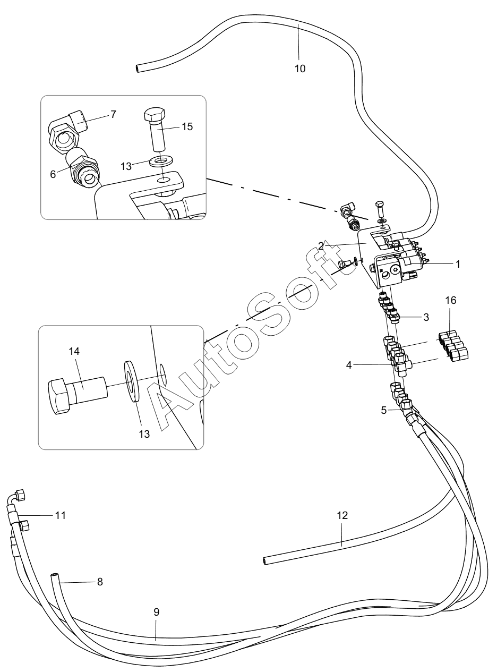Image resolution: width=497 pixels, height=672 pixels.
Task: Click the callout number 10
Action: [x=300, y=69]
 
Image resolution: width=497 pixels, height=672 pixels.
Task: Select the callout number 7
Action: [x=114, y=114]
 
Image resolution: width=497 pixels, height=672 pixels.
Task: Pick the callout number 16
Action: [x=451, y=301]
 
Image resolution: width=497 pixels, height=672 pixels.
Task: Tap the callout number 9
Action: [x=156, y=611]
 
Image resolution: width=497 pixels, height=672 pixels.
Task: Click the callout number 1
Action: [x=457, y=263]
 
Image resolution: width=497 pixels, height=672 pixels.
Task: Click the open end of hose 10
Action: [x=138, y=69]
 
